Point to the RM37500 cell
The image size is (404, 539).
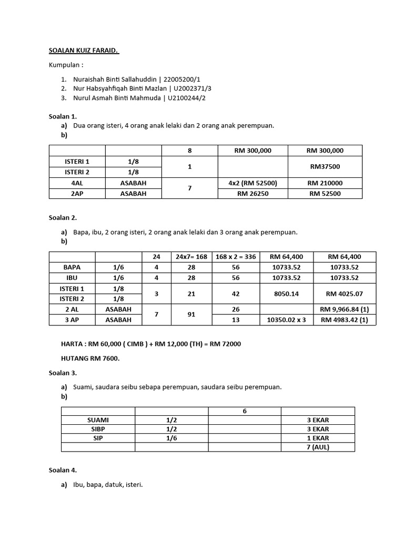325,166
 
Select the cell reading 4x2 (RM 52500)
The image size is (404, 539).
252,183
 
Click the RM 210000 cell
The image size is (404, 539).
325,183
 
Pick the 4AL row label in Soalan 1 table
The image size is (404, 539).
77,183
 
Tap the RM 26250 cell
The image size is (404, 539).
252,193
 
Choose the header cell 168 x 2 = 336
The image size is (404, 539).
236,257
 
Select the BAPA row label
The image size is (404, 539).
72,267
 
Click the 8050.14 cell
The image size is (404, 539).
287,294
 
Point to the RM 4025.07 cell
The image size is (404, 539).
345,294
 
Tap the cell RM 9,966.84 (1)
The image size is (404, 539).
345,310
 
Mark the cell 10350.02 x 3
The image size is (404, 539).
287,320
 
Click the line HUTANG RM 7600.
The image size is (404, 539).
90,358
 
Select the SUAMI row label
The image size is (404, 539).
98,420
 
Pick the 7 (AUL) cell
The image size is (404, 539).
318,447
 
